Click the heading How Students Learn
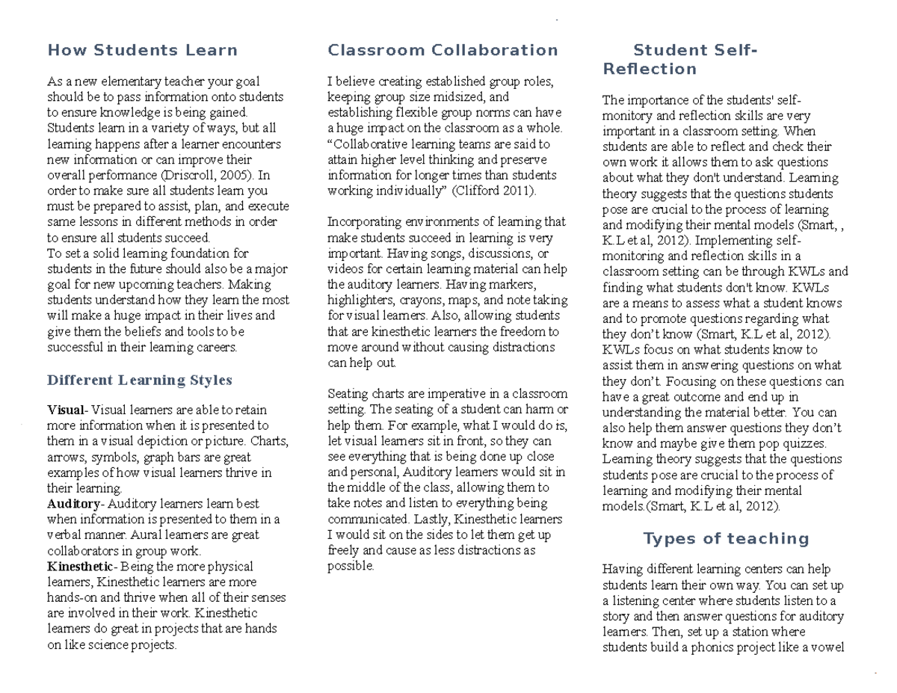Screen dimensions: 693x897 [142, 50]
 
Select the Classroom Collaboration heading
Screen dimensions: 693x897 [443, 50]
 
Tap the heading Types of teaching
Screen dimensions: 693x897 [726, 539]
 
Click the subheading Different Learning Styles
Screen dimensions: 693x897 [140, 380]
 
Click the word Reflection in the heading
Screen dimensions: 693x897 [649, 70]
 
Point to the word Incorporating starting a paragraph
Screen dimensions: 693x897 [362, 222]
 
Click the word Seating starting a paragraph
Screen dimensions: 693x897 [347, 394]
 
